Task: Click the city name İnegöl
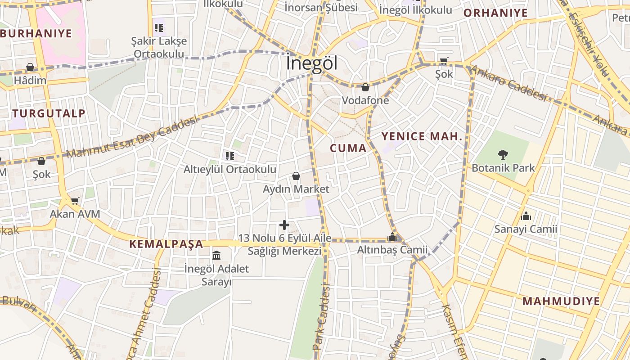tap(311, 63)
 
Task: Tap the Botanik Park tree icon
tap(503, 155)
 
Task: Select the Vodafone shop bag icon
tap(365, 87)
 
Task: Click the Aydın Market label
tap(296, 189)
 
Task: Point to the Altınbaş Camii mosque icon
tap(392, 237)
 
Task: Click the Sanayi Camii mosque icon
tap(526, 216)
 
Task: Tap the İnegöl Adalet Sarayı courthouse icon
tap(216, 256)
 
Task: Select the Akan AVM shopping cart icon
tap(75, 201)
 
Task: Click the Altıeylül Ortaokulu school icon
tap(230, 156)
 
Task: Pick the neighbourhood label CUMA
tap(348, 148)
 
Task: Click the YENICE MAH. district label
tap(422, 136)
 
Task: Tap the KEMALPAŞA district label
tap(166, 244)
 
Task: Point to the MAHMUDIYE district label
tap(561, 301)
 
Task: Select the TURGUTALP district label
tap(49, 113)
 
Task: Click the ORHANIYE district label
tap(495, 13)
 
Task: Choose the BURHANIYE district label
tap(36, 33)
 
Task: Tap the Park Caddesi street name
tap(322, 318)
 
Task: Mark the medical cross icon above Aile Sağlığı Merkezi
tap(284, 225)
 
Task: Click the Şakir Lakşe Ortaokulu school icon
tap(158, 28)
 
